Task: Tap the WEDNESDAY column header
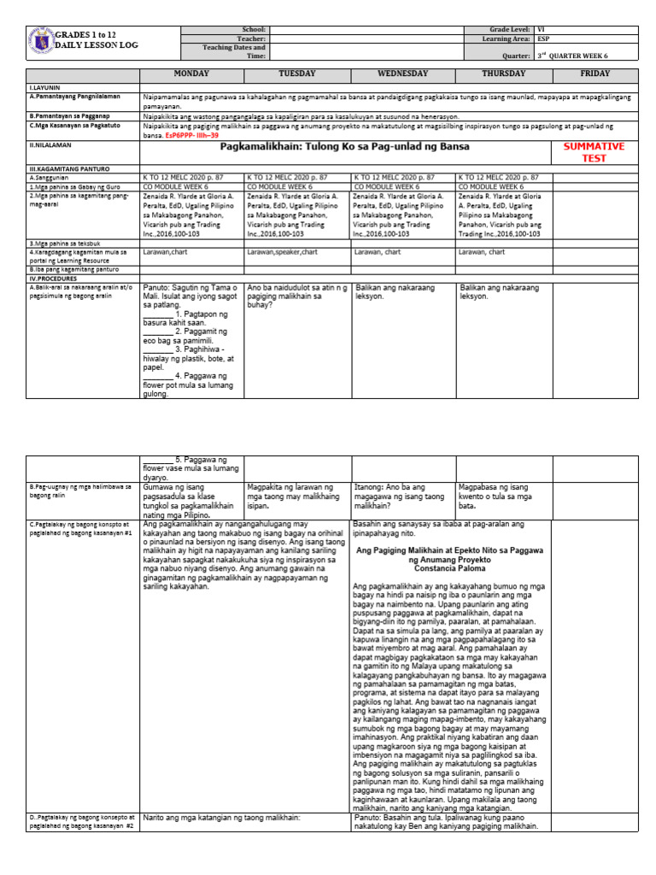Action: click(403, 74)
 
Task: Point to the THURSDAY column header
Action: click(509, 74)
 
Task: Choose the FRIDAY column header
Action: click(594, 74)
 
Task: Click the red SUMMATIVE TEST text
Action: click(594, 152)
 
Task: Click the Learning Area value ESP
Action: click(543, 38)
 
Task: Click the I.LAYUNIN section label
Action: click(43, 88)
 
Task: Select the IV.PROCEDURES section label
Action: click(54, 278)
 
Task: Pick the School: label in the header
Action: click(255, 29)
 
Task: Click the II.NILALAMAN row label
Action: click(48, 146)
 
